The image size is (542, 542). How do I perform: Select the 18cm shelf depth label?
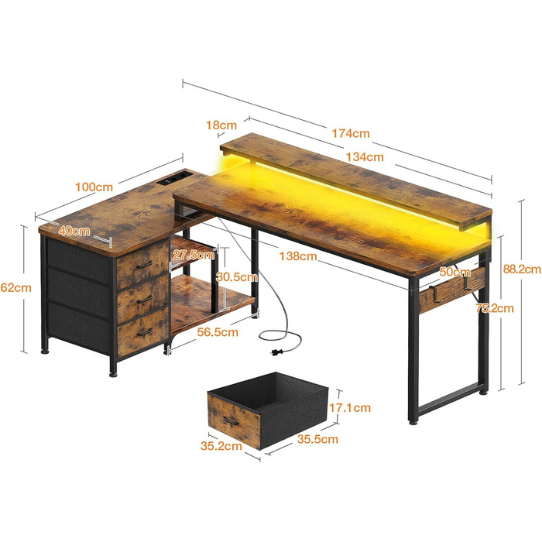(x=221, y=125)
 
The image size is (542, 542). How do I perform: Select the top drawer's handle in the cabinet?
(x=145, y=264)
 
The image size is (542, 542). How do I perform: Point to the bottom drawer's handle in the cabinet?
(x=144, y=331)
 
